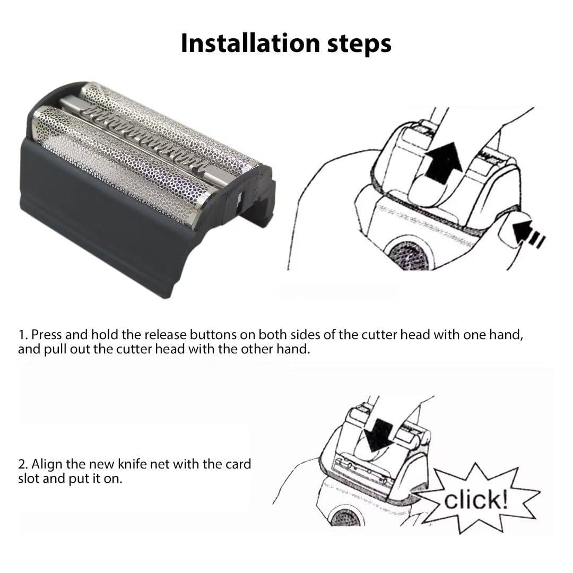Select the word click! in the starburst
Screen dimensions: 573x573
(x=475, y=499)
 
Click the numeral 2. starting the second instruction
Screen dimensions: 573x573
(x=24, y=464)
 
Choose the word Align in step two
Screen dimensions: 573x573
(x=47, y=464)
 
